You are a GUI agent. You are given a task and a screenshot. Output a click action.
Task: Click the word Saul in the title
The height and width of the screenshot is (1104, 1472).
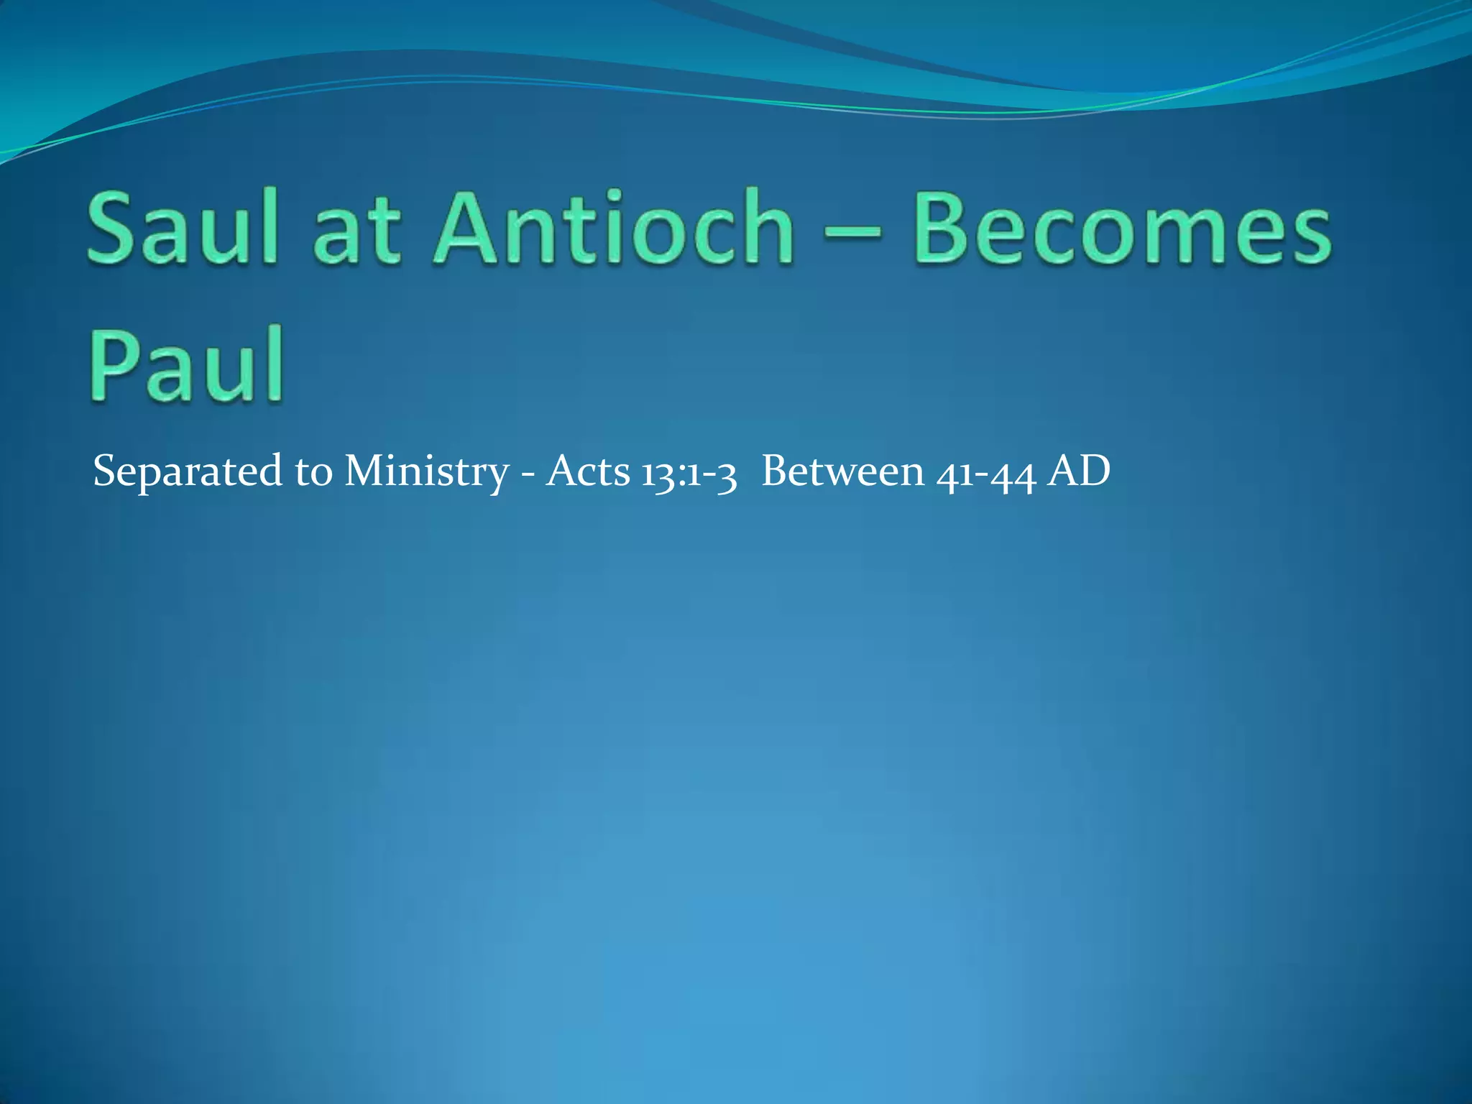coord(183,229)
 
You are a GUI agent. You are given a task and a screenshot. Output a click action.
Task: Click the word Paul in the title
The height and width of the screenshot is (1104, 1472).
coord(186,364)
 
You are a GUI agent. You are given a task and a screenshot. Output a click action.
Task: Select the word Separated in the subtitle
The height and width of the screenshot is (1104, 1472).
coord(188,473)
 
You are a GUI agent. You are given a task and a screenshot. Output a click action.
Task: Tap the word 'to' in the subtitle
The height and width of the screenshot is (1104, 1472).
coord(313,473)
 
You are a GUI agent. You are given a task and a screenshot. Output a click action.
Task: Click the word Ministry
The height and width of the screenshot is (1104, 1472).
coord(425,473)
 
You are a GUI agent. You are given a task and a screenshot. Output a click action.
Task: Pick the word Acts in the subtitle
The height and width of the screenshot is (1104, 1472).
coord(587,471)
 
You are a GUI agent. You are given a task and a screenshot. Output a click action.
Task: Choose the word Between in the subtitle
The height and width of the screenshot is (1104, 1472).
coord(842,471)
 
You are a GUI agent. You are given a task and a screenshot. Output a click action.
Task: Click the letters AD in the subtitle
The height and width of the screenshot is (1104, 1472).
coord(1078,471)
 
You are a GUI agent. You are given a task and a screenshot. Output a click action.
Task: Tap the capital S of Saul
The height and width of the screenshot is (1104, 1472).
coord(113,229)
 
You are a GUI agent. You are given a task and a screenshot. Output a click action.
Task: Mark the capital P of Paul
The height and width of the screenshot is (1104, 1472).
coord(115,364)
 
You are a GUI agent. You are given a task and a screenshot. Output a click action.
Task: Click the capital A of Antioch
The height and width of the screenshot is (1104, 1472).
coord(468,229)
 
